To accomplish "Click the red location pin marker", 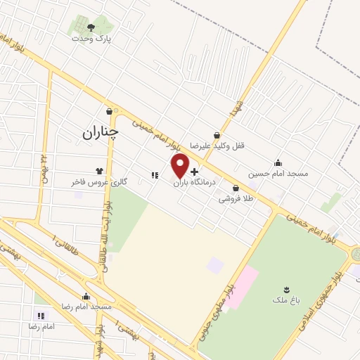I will (x=181, y=166).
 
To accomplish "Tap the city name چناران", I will (x=100, y=131).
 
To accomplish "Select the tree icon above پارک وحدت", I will (x=92, y=27).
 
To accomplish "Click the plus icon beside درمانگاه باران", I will (x=194, y=172).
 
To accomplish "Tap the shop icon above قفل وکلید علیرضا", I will (x=217, y=136).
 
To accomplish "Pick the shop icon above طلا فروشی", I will (x=235, y=188).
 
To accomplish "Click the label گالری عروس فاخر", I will (x=98, y=181).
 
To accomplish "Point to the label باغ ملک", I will (x=286, y=300).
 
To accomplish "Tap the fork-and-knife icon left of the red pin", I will (x=153, y=175).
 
